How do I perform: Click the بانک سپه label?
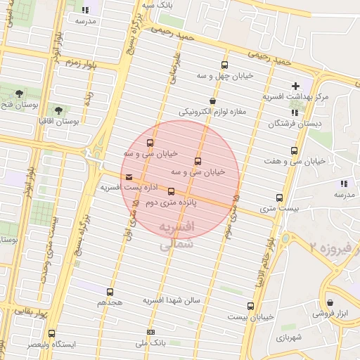158,4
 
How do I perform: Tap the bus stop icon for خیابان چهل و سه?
225,63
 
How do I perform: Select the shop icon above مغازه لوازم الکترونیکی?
212,101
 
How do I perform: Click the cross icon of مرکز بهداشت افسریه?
297,86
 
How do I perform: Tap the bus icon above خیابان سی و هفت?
294,150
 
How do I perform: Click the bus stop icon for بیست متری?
279,198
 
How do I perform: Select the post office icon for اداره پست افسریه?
127,177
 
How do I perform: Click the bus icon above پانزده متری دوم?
171,191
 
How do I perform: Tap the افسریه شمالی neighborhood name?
176,236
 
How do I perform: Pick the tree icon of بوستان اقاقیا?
58,110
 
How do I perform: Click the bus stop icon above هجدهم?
110,292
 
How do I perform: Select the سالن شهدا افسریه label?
172,301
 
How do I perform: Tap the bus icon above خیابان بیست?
250,306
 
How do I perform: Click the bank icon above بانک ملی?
150,332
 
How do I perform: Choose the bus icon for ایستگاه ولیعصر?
51,333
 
